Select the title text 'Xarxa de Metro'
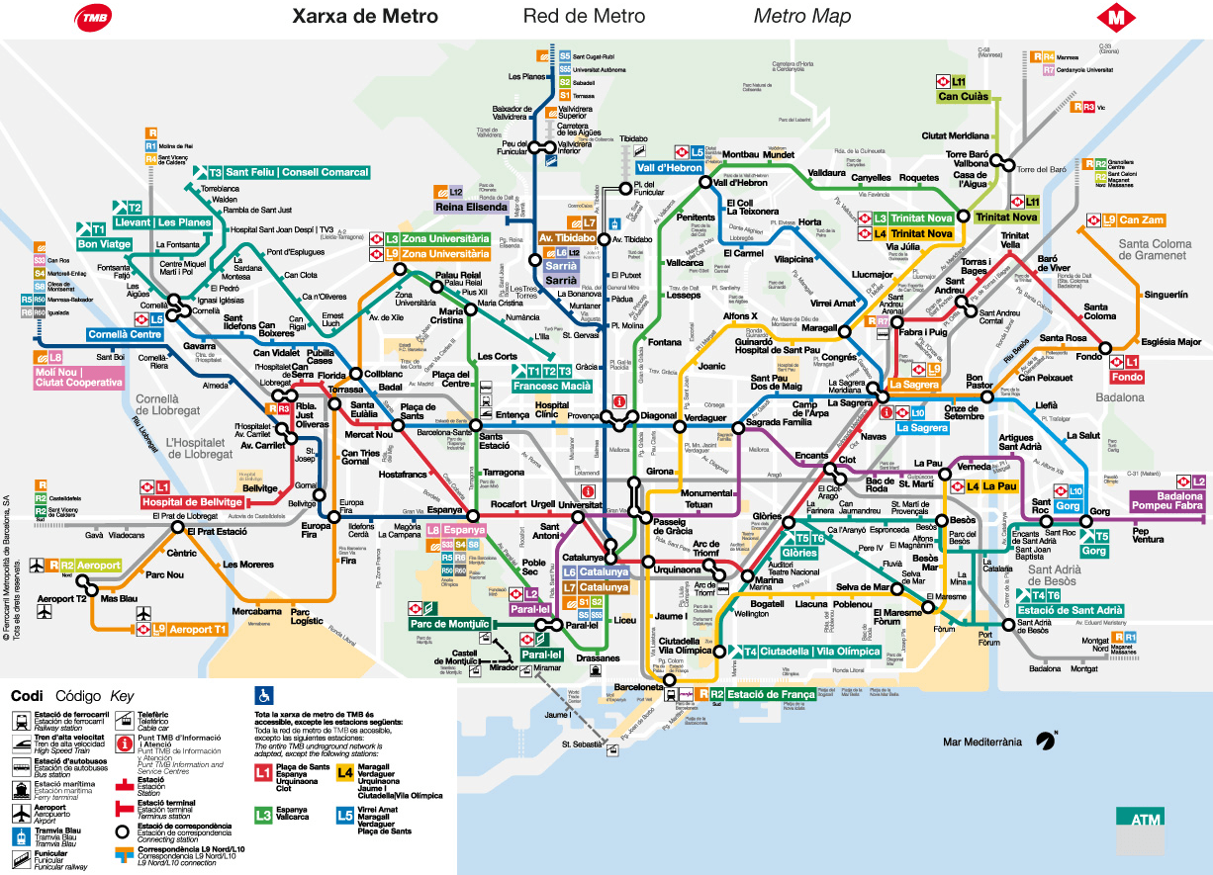[364, 17]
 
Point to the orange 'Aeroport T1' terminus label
[198, 629]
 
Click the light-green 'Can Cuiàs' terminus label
[963, 96]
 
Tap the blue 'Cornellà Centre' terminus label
[126, 334]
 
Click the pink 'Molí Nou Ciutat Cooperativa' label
[79, 377]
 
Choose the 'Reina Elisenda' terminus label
[470, 207]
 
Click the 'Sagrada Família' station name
[779, 422]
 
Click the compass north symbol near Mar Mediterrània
[1045, 739]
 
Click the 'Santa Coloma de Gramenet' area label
[1153, 249]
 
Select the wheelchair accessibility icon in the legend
[264, 694]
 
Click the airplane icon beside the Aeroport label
[37, 566]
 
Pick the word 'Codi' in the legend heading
[27, 695]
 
